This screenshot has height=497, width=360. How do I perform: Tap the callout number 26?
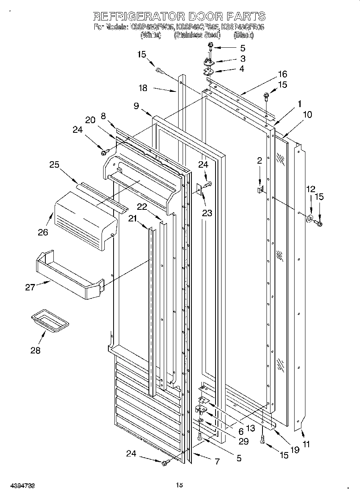[43, 232]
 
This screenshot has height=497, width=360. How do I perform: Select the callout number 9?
[136, 106]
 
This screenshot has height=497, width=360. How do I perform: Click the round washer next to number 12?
[309, 219]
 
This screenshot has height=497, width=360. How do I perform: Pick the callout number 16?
[283, 74]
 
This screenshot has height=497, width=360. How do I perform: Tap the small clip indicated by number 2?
[260, 188]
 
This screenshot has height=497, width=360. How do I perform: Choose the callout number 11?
[307, 444]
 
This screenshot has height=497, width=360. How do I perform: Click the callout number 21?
[133, 218]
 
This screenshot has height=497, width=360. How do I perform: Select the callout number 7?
[217, 462]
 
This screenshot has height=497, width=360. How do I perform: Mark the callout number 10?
[307, 115]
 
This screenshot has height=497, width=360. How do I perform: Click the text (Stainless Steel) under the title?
[197, 35]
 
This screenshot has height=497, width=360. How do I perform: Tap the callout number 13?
[250, 428]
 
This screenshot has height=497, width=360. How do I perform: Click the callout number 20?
[90, 120]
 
